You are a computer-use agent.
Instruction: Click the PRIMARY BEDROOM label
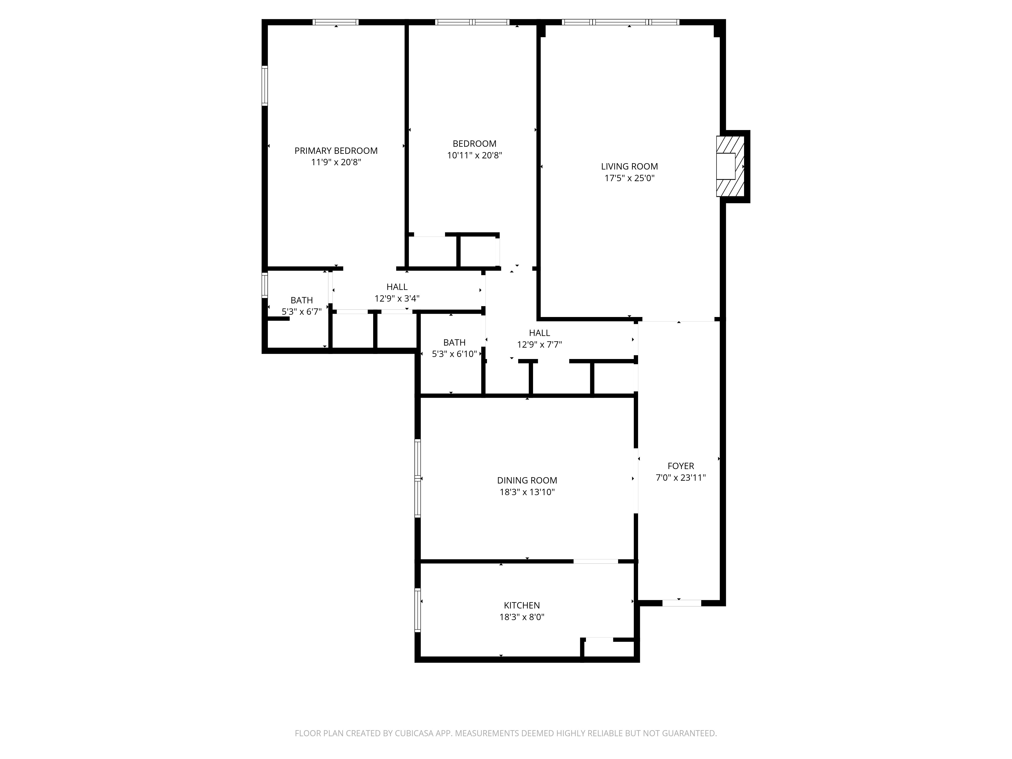pyautogui.click(x=336, y=151)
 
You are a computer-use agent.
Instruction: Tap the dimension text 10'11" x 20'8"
pyautogui.click(x=474, y=155)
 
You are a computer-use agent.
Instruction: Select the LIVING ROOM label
pyautogui.click(x=629, y=166)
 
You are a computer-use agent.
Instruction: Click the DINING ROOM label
pyautogui.click(x=527, y=480)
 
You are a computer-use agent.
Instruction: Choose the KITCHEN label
pyautogui.click(x=522, y=605)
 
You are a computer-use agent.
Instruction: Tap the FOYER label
pyautogui.click(x=681, y=466)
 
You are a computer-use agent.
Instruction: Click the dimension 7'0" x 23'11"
pyautogui.click(x=681, y=478)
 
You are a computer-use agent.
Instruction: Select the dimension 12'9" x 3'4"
pyautogui.click(x=397, y=298)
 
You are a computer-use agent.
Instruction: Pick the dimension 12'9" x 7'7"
pyautogui.click(x=539, y=345)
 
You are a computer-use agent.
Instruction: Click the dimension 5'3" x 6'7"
pyautogui.click(x=302, y=311)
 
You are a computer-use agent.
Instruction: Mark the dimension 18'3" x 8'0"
pyautogui.click(x=522, y=617)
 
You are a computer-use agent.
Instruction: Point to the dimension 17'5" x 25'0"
pyautogui.click(x=629, y=178)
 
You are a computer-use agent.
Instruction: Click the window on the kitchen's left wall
pyautogui.click(x=418, y=610)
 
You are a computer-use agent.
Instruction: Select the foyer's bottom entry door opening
pyautogui.click(x=682, y=603)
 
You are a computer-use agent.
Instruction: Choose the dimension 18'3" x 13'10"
pyautogui.click(x=527, y=492)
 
